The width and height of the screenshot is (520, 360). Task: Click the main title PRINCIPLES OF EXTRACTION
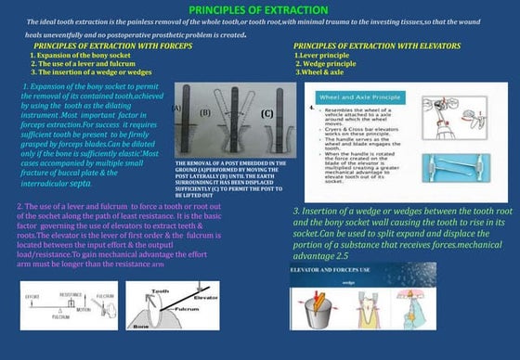259,8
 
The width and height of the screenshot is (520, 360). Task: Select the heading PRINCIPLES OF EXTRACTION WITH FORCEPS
112,45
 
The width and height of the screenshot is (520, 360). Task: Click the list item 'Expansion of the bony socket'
88,55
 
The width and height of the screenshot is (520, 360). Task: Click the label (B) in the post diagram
205,112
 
